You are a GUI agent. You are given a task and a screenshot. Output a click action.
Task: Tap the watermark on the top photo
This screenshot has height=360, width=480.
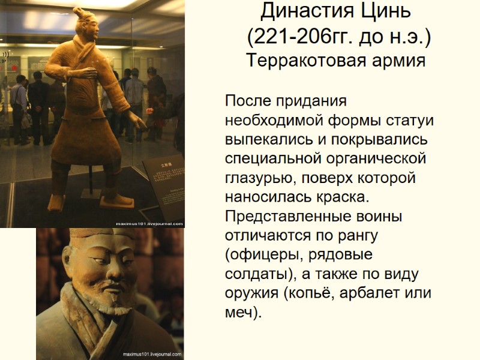(149, 223)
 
